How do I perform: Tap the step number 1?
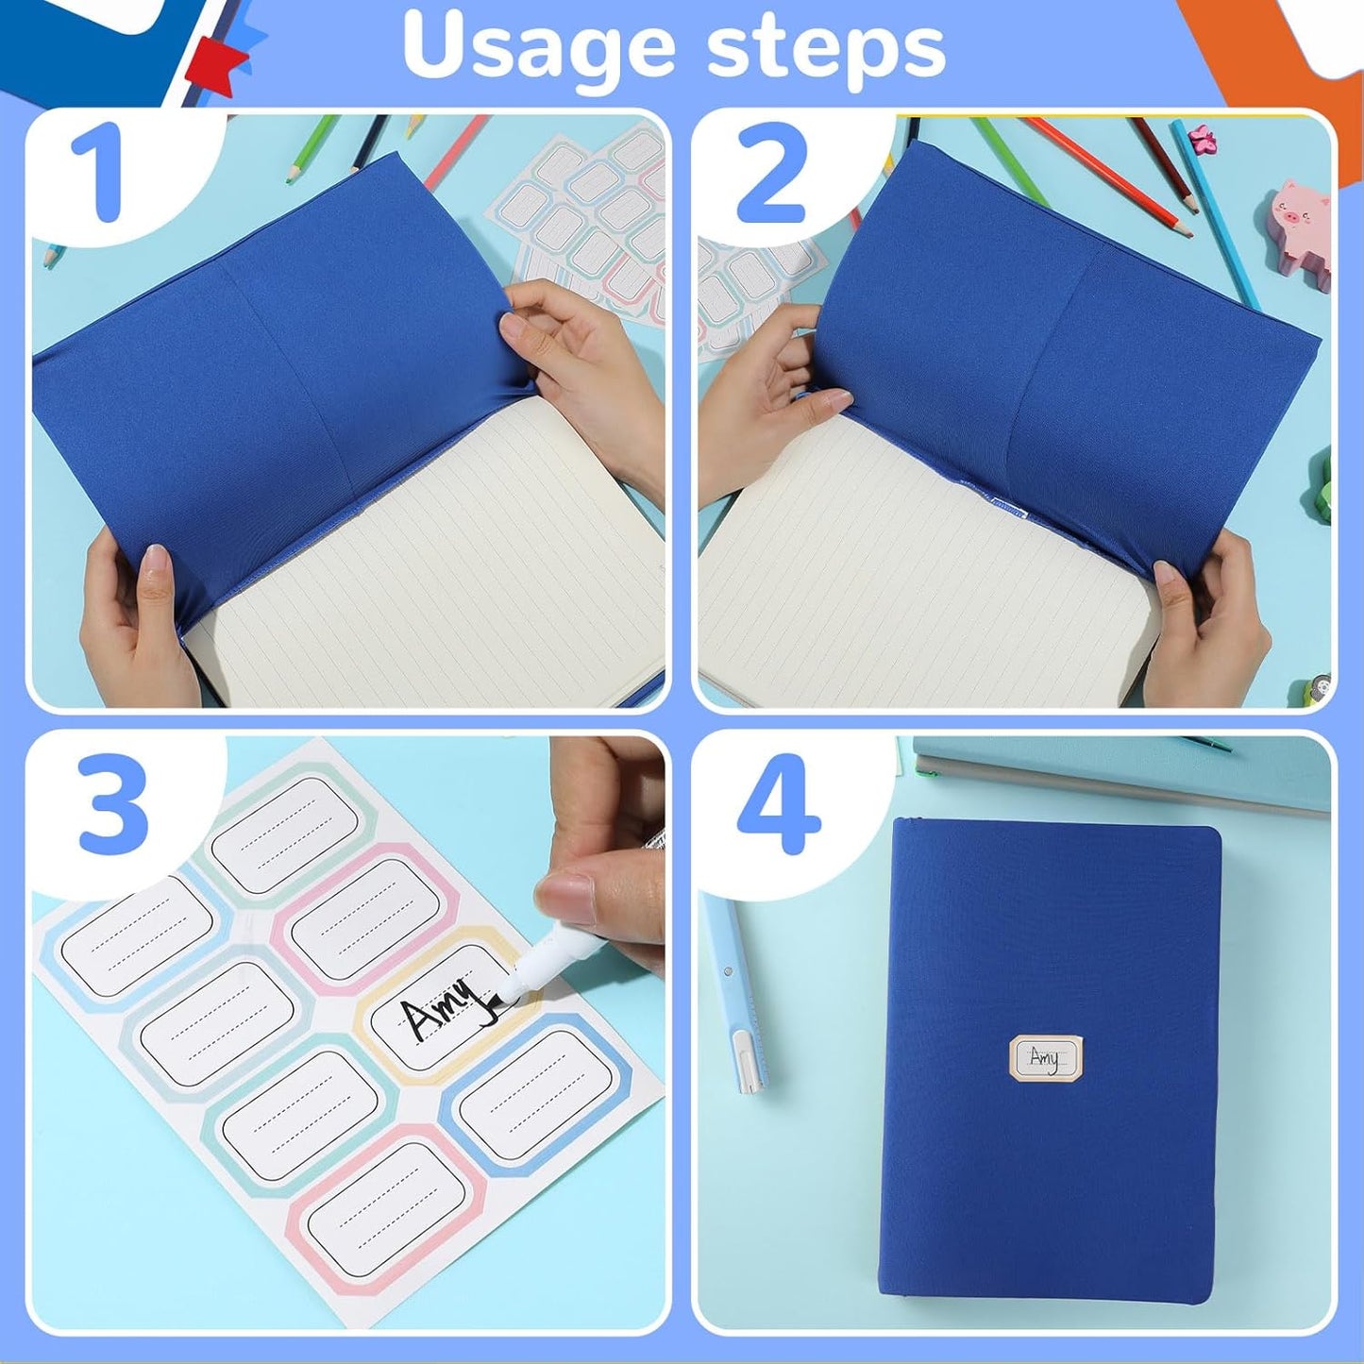pyautogui.click(x=97, y=173)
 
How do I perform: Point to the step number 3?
pyautogui.click(x=113, y=805)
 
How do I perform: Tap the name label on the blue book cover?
pyautogui.click(x=1045, y=1057)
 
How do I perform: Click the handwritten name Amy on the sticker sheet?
pyautogui.click(x=439, y=1015)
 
